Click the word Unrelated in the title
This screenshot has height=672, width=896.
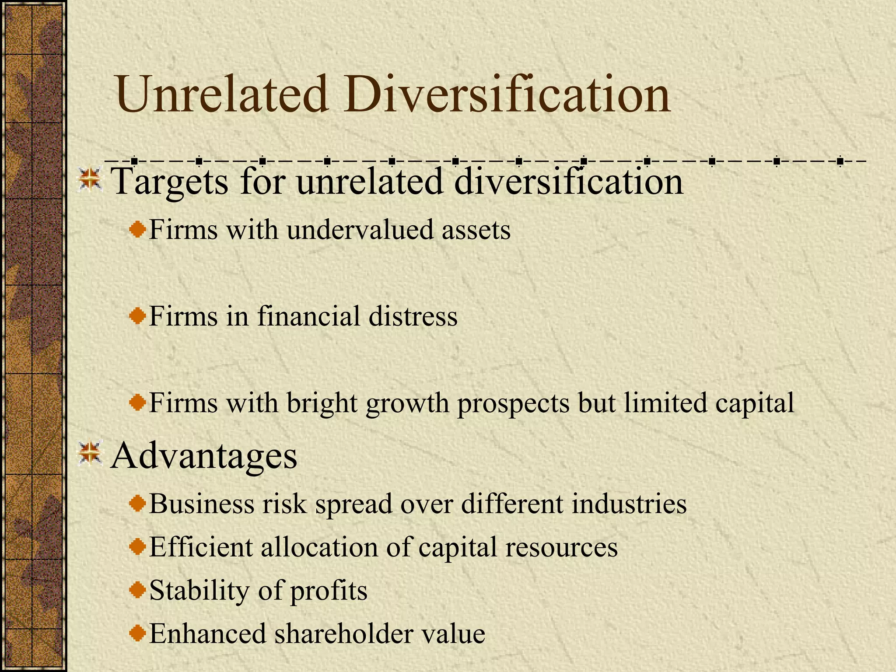tap(222, 94)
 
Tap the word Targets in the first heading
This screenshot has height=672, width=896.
tap(170, 182)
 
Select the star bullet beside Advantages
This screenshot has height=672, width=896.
tap(90, 453)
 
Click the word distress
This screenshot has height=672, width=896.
tap(413, 316)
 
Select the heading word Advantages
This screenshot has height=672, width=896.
tap(204, 456)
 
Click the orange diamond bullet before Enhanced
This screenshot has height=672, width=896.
tap(138, 633)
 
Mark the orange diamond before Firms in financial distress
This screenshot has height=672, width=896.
tap(138, 315)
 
